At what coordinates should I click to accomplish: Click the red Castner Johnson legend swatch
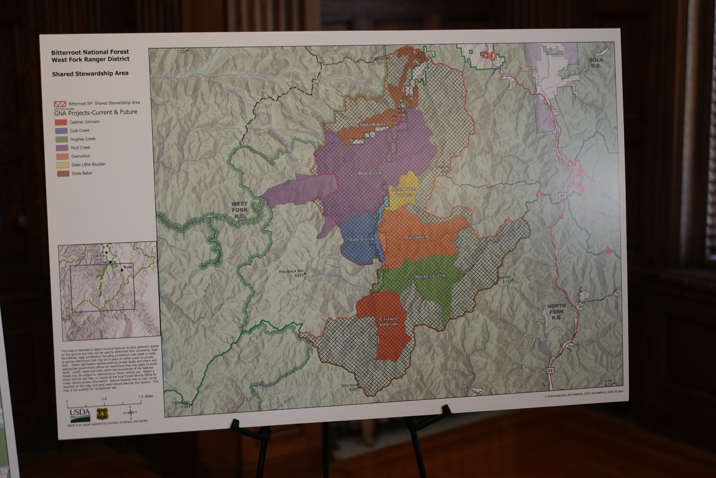[61, 122]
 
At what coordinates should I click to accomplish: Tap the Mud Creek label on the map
[369, 173]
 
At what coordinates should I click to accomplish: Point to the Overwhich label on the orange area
[416, 237]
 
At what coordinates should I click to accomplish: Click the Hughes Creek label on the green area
[430, 276]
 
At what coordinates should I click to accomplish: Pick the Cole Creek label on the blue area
[362, 239]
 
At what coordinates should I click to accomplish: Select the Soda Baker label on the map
[372, 125]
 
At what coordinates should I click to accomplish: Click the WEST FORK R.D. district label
[239, 210]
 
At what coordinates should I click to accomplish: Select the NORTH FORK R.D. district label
[556, 311]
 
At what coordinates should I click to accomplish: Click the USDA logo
[80, 414]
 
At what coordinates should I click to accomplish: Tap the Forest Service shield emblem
[102, 414]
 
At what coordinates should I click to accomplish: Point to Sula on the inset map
[127, 267]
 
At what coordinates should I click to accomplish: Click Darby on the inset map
[99, 255]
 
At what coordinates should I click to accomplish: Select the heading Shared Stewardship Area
[90, 74]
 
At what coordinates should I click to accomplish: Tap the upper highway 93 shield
[562, 195]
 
